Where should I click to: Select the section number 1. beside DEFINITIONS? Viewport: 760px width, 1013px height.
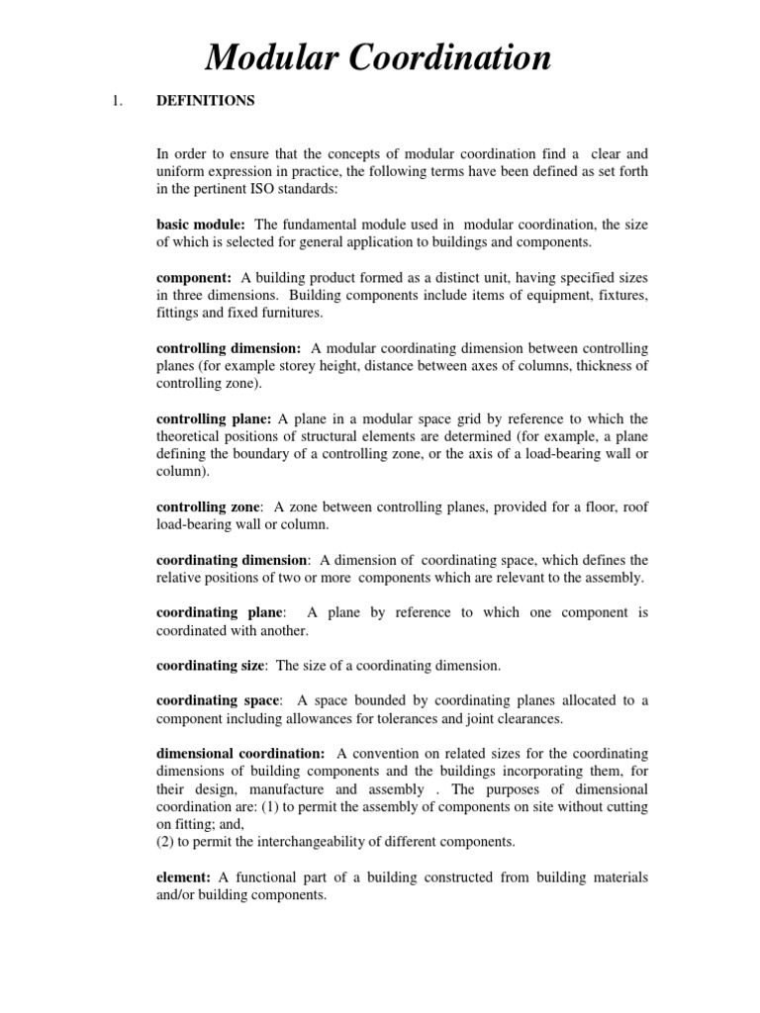click(120, 101)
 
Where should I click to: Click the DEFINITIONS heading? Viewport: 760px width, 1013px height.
click(206, 101)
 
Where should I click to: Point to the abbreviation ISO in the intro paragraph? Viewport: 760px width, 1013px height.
click(254, 188)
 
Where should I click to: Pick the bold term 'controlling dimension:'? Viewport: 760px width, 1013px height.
click(230, 349)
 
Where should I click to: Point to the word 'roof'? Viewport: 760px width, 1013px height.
click(632, 507)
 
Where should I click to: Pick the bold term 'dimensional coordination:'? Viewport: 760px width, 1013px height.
click(240, 755)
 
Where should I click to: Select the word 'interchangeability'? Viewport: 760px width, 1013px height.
click(345, 841)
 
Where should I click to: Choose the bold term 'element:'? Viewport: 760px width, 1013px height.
click(184, 877)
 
